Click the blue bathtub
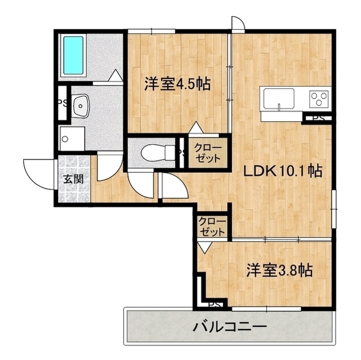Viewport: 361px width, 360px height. click(73, 55)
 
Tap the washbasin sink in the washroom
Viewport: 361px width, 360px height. click(81, 106)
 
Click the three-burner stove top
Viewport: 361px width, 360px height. click(319, 99)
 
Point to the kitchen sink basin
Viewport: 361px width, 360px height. click(279, 99)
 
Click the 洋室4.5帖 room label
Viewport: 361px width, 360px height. click(177, 84)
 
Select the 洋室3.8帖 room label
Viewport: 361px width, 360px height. click(280, 270)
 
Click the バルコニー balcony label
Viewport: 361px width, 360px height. click(230, 327)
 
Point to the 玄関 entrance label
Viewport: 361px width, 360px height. click(73, 179)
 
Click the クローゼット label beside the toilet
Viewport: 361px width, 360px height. click(208, 153)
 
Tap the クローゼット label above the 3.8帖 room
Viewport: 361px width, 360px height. click(212, 227)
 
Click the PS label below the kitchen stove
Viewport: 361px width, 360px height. click(319, 118)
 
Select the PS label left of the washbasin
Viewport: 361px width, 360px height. click(62, 103)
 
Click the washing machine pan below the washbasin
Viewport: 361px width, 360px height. click(72, 139)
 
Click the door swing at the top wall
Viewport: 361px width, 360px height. click(238, 23)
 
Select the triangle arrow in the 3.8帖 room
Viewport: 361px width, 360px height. click(205, 247)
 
